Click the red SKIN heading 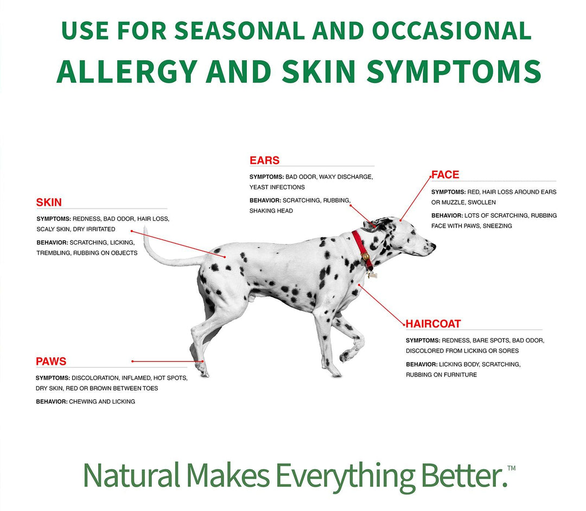49,203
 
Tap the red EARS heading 264,161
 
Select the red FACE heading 445,175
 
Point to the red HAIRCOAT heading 433,324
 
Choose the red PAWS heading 51,361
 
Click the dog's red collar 362,249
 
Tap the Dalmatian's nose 433,246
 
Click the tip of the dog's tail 145,228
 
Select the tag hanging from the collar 372,275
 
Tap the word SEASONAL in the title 239,30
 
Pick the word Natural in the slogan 131,475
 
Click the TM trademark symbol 511,468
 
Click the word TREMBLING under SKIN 53,253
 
